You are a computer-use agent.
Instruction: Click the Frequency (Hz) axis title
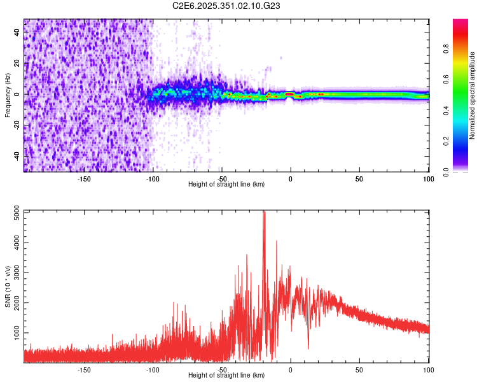(x=8, y=95)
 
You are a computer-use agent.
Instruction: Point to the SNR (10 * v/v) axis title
(x=8, y=286)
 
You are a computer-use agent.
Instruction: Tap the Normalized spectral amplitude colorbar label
(x=472, y=95)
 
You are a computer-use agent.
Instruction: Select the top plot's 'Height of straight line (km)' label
(x=226, y=184)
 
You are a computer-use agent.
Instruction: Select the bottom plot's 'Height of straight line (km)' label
(x=226, y=375)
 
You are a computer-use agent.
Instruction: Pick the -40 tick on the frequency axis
(x=18, y=156)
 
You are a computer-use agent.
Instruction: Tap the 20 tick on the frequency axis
(x=18, y=64)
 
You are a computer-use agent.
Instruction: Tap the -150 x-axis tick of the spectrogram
(x=83, y=178)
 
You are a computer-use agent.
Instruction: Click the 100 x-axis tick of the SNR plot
(x=428, y=369)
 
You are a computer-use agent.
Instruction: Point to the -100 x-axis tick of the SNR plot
(x=153, y=369)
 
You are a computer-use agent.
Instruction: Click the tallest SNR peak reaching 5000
(x=264, y=213)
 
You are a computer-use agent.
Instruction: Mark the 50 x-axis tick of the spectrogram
(x=359, y=178)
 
